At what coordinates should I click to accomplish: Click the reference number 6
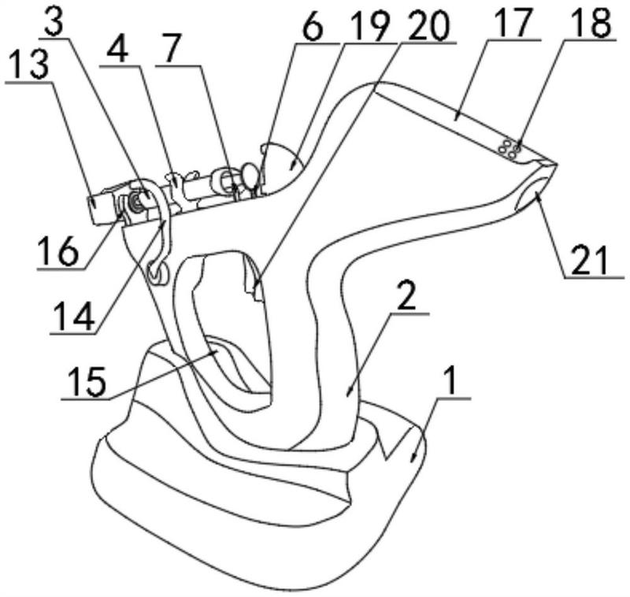[312, 26]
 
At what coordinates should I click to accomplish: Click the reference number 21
[591, 261]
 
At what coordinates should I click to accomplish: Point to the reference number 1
[450, 382]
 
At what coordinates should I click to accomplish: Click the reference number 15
[87, 382]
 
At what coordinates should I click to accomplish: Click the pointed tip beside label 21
[557, 165]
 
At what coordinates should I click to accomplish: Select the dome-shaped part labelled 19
[281, 167]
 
